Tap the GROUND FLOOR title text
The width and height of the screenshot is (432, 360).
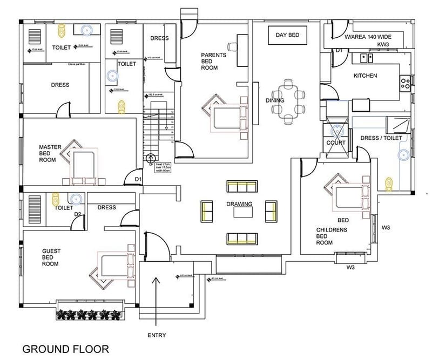pyautogui.click(x=65, y=349)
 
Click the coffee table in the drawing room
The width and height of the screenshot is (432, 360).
pyautogui.click(x=244, y=213)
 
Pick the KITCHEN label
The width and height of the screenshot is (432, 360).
pyautogui.click(x=365, y=76)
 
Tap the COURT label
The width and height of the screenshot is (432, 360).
pyautogui.click(x=336, y=143)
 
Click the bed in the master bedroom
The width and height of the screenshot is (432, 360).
pyautogui.click(x=83, y=165)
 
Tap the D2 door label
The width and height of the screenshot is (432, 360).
pyautogui.click(x=78, y=214)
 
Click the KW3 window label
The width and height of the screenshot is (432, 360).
pyautogui.click(x=383, y=44)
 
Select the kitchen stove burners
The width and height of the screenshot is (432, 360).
pyautogui.click(x=403, y=83)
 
